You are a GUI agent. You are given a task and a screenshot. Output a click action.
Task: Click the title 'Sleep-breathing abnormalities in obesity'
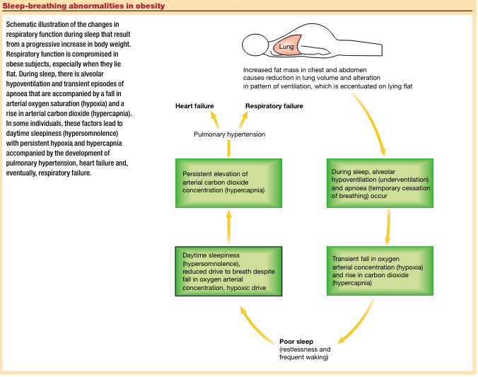(84, 6)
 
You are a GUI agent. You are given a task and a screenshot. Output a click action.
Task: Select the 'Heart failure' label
(194, 106)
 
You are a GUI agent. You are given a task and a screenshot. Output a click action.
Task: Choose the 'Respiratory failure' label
(274, 106)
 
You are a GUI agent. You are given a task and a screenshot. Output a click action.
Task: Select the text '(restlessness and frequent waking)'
(305, 354)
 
